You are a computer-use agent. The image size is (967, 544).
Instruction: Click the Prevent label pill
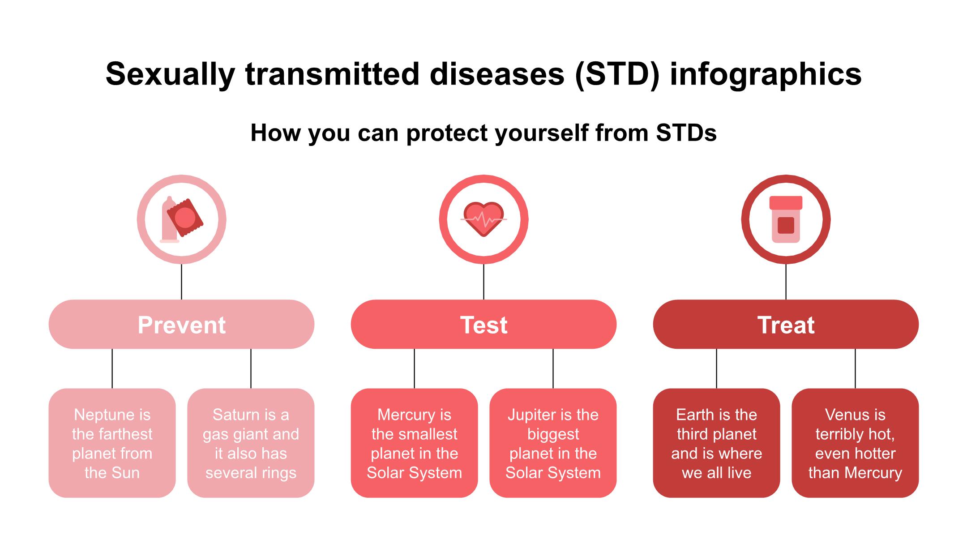(x=181, y=324)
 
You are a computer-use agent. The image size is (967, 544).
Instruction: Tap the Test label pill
(x=483, y=324)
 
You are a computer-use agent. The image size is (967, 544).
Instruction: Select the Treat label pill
(x=786, y=324)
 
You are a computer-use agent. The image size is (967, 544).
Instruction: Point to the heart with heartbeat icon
(x=483, y=219)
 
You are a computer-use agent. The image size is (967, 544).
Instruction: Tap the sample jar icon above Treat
(x=786, y=219)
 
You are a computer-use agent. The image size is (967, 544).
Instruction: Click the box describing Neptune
(x=112, y=443)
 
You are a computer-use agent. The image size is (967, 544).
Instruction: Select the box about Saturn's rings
(x=251, y=443)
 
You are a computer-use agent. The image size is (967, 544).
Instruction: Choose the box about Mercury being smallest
(x=414, y=443)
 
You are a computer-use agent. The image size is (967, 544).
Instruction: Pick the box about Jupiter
(x=553, y=443)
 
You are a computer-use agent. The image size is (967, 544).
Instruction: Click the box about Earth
(x=716, y=443)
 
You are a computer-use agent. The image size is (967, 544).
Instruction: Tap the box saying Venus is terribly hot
(x=855, y=443)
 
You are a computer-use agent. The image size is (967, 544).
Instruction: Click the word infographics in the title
(x=766, y=74)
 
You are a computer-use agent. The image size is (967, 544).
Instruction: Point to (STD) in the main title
(x=617, y=74)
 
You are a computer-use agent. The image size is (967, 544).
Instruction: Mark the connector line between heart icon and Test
(x=483, y=282)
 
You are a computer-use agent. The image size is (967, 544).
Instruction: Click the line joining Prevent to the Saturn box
(x=251, y=368)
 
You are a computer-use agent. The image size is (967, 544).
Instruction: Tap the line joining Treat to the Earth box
(x=716, y=368)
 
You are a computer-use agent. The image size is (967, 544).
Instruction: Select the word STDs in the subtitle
(x=686, y=133)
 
